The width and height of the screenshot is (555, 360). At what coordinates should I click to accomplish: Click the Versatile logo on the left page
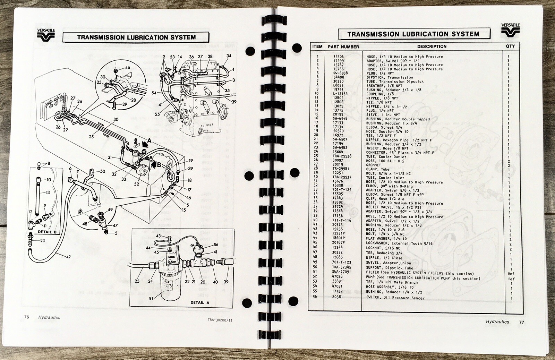coord(46,35)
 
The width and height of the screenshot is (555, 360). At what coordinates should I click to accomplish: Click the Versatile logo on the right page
coord(510,30)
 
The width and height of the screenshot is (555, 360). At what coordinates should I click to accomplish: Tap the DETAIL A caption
coord(200,302)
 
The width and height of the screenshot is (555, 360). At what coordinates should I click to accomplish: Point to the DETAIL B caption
coord(47,232)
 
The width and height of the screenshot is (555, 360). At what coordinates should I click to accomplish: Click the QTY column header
coord(510,46)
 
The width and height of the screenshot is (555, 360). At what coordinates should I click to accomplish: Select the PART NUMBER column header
coord(343,46)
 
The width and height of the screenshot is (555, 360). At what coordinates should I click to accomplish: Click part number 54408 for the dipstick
coord(339,77)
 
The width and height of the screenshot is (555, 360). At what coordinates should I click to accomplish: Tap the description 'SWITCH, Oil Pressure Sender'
coord(395,298)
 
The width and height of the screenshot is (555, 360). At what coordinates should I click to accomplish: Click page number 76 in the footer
coord(26,317)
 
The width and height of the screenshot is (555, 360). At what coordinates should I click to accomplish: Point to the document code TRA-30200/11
coord(220,320)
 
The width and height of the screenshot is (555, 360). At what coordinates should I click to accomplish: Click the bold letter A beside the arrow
coord(149,140)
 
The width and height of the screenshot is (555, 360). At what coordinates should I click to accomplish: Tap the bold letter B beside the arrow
coord(159,164)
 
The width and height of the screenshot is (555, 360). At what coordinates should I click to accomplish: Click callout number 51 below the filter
coord(151,299)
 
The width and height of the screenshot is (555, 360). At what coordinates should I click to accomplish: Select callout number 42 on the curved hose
coord(68,257)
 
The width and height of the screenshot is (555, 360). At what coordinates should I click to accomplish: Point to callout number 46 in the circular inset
coord(127,67)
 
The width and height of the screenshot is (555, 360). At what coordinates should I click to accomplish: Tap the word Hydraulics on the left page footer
coord(49,317)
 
